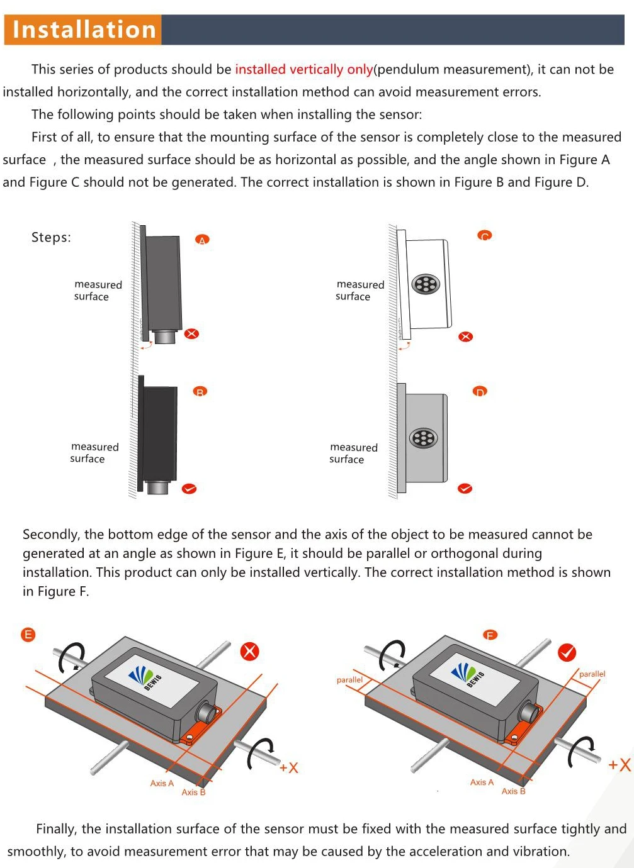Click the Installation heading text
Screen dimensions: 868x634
[x=84, y=30]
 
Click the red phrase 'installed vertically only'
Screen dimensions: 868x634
[x=303, y=69]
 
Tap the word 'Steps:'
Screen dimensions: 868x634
[x=51, y=237]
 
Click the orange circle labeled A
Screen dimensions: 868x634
[x=201, y=240]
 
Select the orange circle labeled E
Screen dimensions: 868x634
[x=28, y=634]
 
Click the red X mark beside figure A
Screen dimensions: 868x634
[x=191, y=333]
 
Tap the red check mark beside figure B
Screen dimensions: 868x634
[x=189, y=489]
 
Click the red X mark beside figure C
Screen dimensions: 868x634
[x=465, y=337]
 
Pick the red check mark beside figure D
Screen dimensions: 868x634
[x=465, y=489]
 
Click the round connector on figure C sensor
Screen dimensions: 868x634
[x=426, y=284]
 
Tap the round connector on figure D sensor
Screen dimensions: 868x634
[x=424, y=438]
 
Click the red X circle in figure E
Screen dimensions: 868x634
[x=250, y=651]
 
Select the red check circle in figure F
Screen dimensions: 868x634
[x=567, y=652]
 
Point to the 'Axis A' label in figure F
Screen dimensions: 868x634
[x=482, y=782]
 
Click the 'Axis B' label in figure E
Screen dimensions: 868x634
[x=193, y=792]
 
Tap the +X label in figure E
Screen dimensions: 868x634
[x=289, y=767]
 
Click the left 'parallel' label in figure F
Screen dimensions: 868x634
[x=349, y=679]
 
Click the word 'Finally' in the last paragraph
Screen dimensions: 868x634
[x=56, y=828]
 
